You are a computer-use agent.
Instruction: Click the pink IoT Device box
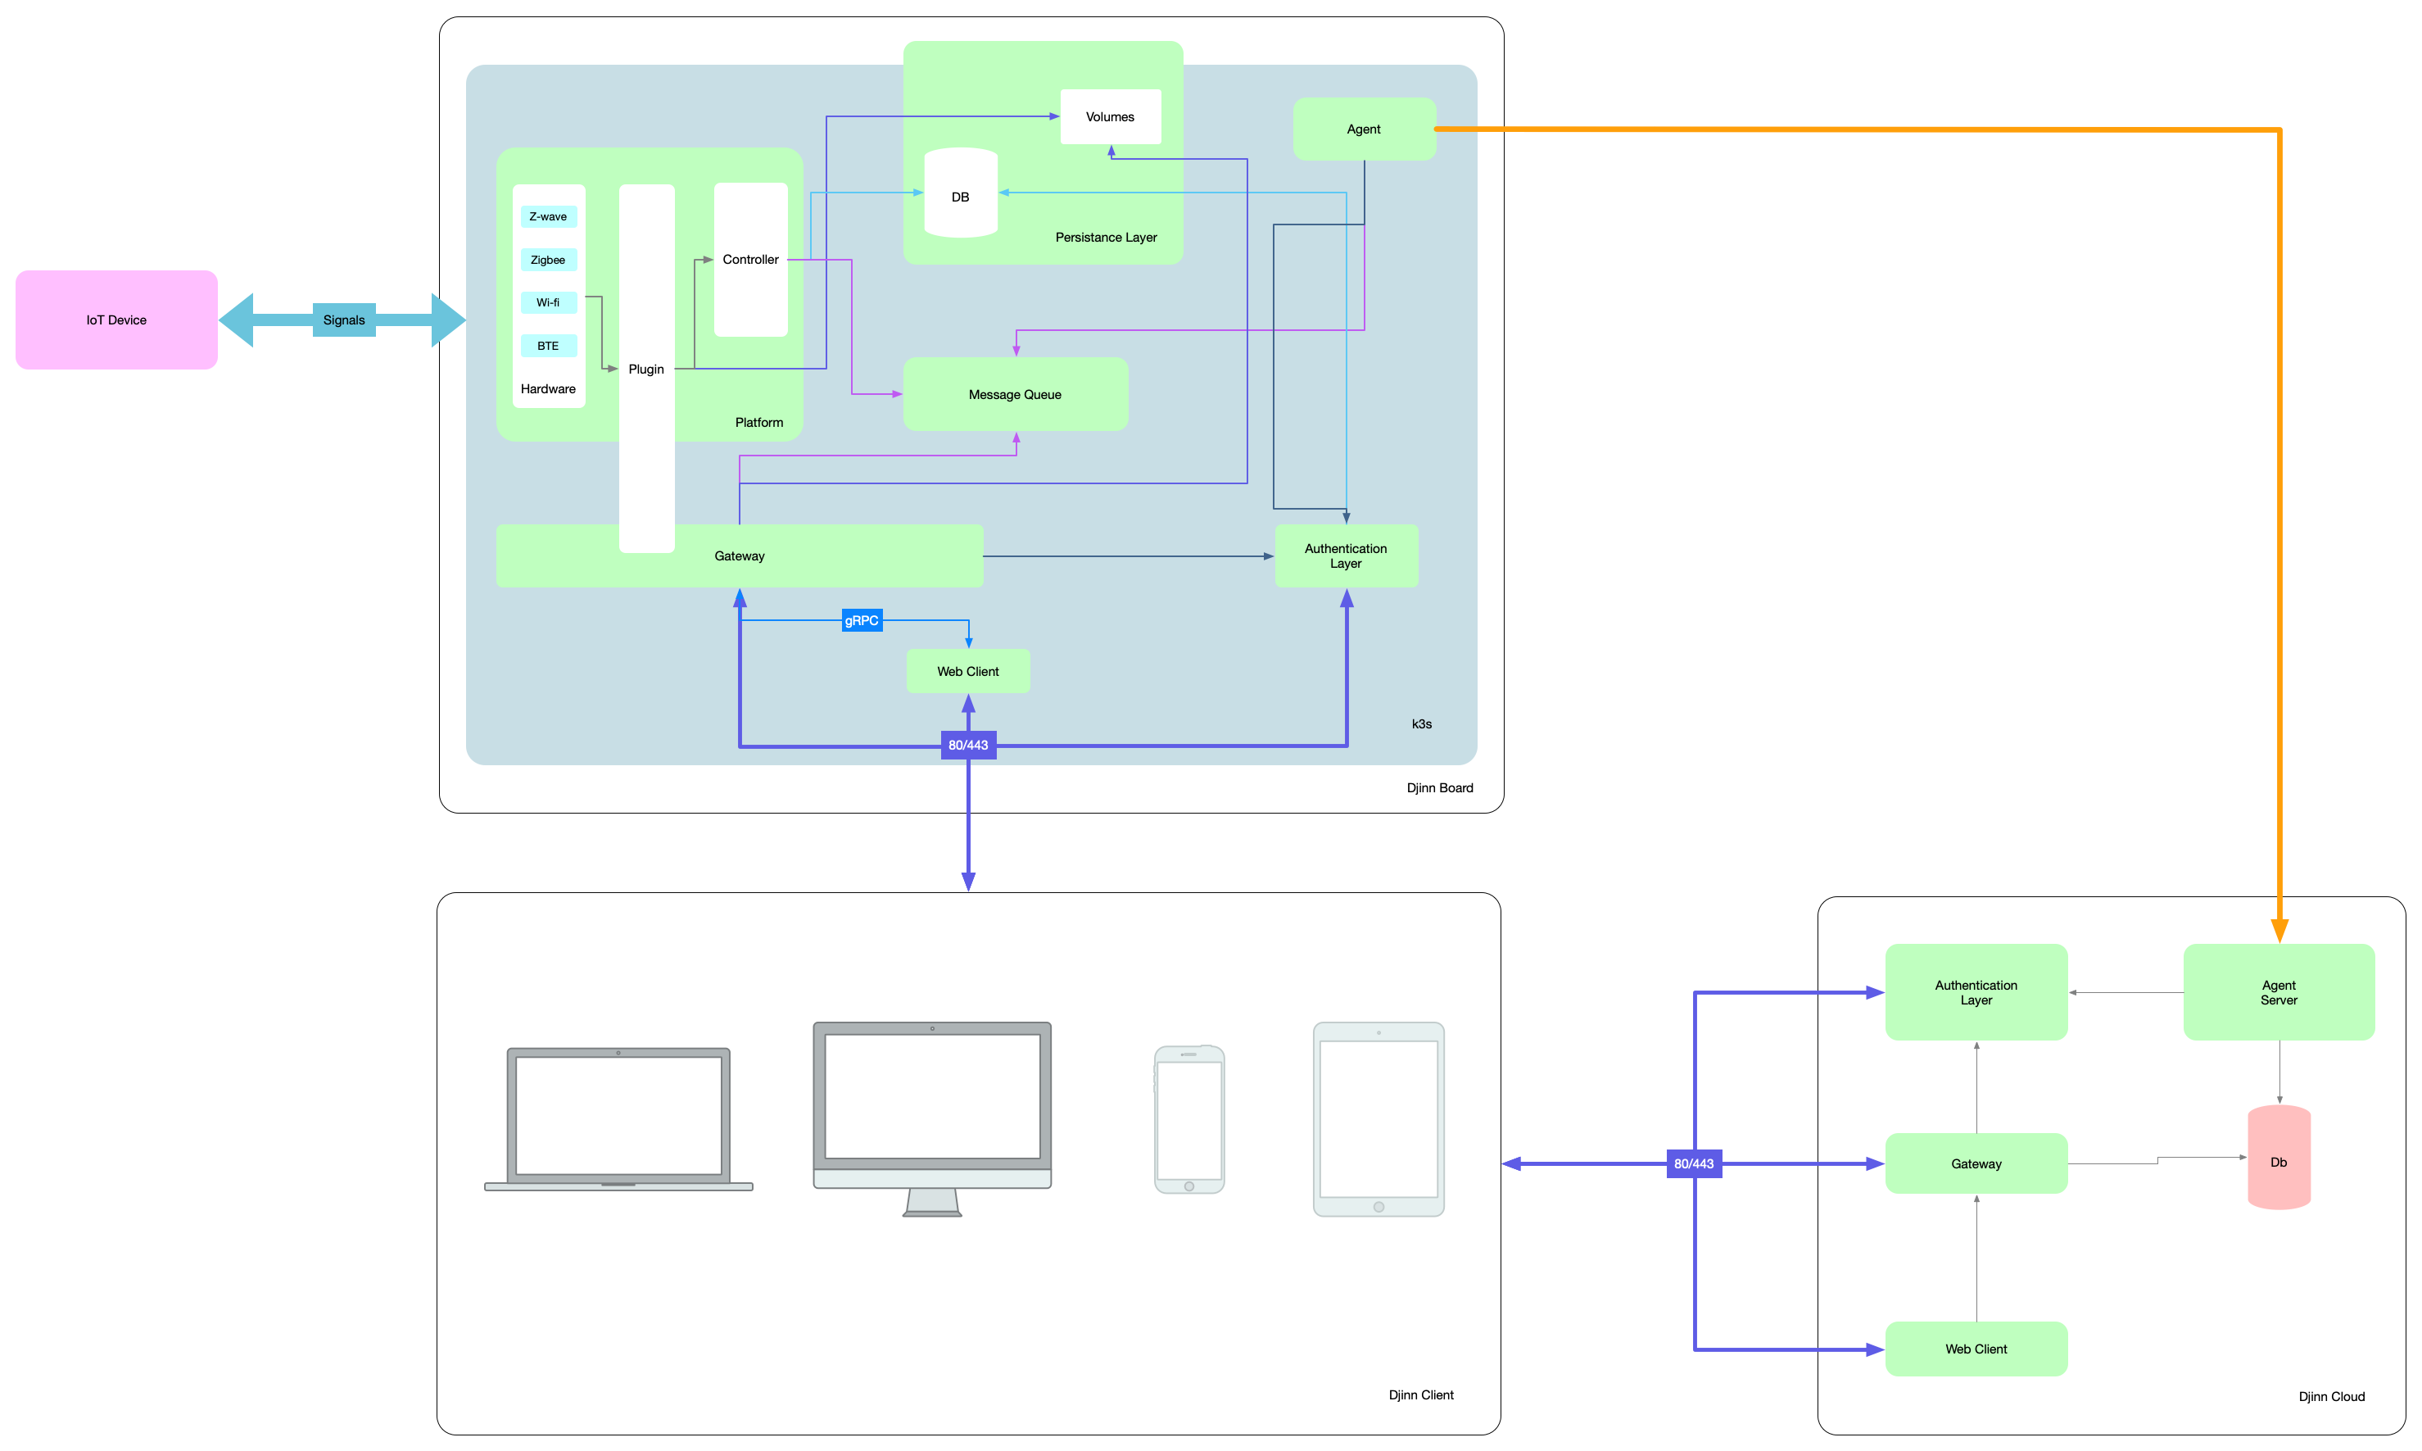tap(116, 320)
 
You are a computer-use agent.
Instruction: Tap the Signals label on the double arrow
tap(344, 320)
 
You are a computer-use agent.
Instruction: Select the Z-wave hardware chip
tap(548, 216)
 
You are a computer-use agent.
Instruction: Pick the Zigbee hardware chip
tap(548, 260)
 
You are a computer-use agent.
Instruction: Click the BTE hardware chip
tap(548, 346)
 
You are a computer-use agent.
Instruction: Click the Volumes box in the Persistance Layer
tap(1111, 117)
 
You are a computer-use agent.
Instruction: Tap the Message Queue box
tap(1015, 394)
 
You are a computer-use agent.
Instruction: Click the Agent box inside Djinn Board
tap(1364, 129)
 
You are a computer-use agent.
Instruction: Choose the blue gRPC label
tap(862, 621)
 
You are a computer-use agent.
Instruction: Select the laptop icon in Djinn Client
tap(618, 1118)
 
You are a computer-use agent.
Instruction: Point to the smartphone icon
tap(1189, 1119)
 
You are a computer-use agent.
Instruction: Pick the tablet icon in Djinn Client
tap(1379, 1119)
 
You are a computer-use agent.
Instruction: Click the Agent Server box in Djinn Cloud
tap(2279, 992)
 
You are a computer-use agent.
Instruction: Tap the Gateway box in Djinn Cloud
tap(1976, 1163)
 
